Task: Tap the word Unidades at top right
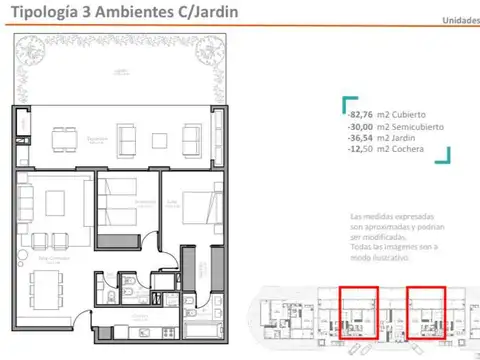click(460, 20)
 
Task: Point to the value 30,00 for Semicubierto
click(361, 127)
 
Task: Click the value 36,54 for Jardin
click(361, 138)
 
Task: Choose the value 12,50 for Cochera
click(361, 149)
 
